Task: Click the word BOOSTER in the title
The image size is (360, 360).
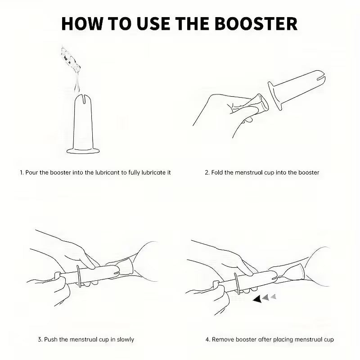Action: click(x=256, y=23)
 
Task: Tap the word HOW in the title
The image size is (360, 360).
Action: click(x=82, y=23)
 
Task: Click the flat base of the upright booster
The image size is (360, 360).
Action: click(x=83, y=151)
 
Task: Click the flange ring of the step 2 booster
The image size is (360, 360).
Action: click(x=275, y=96)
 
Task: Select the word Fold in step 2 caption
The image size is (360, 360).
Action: click(x=217, y=172)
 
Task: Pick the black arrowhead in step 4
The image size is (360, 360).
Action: click(x=257, y=299)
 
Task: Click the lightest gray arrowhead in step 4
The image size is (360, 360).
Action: click(x=274, y=297)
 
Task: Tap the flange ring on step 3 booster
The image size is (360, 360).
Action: click(x=78, y=276)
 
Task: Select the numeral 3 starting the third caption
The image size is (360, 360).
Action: click(x=40, y=339)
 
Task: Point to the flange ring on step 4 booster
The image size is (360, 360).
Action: click(x=237, y=283)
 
